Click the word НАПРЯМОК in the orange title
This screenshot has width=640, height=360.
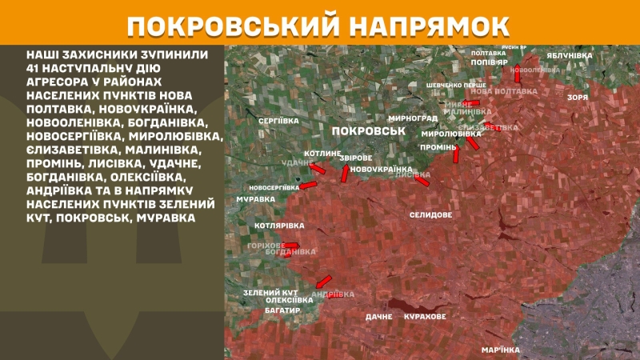[430, 25]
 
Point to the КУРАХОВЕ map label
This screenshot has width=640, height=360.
[424, 317]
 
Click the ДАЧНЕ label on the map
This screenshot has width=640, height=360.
[378, 317]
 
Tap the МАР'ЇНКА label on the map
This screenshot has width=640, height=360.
[501, 350]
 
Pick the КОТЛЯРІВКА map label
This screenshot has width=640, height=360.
[278, 226]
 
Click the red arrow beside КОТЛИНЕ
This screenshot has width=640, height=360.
[318, 169]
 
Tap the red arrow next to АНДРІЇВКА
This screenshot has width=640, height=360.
[323, 281]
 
